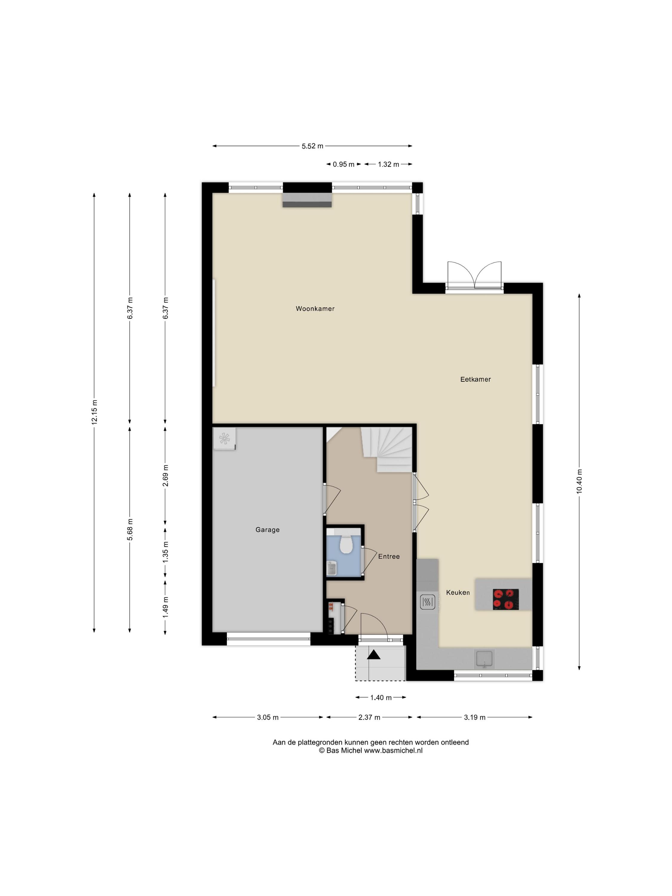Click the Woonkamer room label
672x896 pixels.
coord(315,309)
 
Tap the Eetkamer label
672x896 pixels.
coord(475,380)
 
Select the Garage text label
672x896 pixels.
coord(267,530)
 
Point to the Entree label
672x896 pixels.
coord(389,556)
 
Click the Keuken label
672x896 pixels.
coord(458,593)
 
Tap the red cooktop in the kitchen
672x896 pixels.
coord(506,599)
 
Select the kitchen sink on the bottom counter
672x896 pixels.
coord(484,659)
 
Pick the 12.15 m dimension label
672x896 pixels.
coord(94,412)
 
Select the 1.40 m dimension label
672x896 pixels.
coord(381,697)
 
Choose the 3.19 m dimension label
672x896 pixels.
coord(474,717)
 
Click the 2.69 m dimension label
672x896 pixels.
coord(165,475)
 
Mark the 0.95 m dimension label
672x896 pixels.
coord(343,165)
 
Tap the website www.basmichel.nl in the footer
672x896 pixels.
coord(393,750)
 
